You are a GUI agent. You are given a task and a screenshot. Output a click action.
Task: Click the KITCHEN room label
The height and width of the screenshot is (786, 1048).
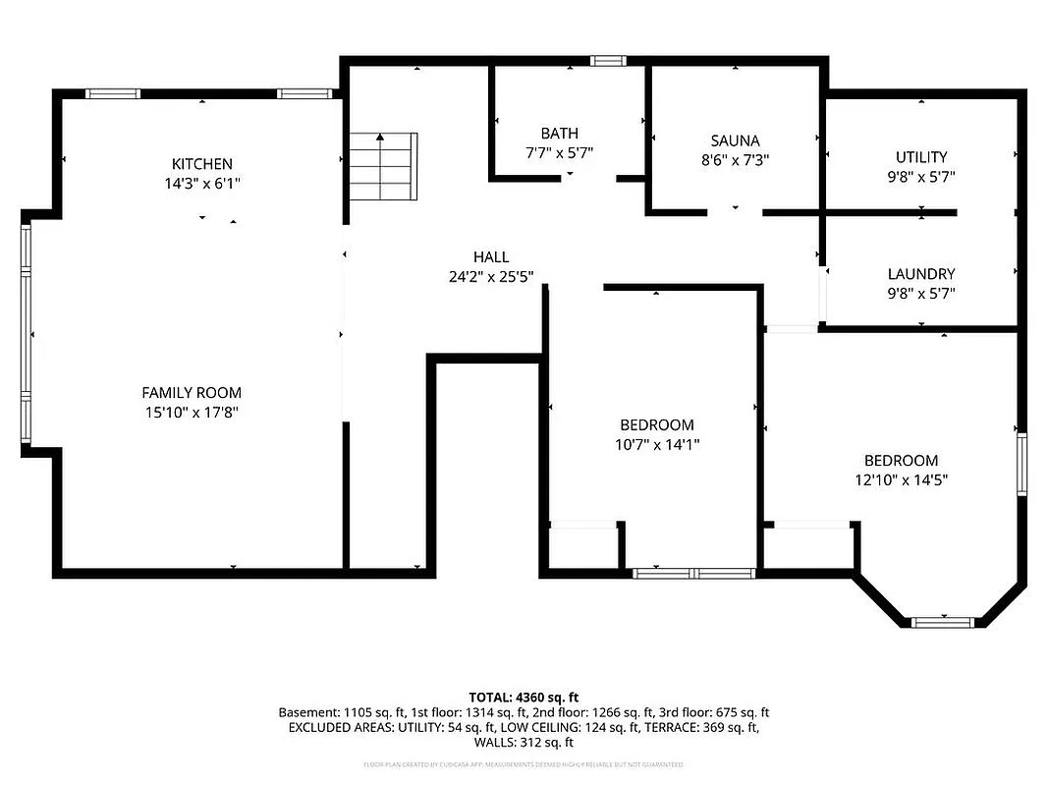click(202, 164)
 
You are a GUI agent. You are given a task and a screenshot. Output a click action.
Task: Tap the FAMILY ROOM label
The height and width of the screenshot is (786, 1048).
click(192, 393)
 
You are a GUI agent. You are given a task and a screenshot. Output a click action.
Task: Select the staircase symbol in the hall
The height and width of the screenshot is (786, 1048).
click(383, 166)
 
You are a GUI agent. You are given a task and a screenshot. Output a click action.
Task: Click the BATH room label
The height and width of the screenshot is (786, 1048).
click(559, 134)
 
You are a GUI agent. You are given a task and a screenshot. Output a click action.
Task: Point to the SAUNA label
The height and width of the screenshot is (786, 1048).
click(736, 140)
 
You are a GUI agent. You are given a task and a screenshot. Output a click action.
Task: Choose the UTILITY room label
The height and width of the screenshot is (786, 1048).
click(921, 157)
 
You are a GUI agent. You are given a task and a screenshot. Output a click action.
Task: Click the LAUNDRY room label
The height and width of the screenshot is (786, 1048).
click(921, 274)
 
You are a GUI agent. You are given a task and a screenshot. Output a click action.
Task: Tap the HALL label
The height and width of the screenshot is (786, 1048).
click(491, 257)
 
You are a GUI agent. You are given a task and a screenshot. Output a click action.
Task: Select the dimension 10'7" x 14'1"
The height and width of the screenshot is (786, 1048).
click(657, 444)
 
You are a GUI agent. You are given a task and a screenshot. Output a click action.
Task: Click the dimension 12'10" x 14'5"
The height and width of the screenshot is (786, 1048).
click(901, 479)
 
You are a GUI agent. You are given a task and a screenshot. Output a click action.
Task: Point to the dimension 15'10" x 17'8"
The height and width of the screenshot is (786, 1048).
click(192, 413)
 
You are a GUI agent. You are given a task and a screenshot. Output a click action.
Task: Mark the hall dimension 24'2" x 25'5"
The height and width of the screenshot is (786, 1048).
click(491, 277)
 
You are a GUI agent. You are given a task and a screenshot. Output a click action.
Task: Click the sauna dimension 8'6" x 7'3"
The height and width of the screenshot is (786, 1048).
click(736, 159)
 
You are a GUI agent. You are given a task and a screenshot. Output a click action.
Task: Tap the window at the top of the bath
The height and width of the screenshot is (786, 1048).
click(608, 61)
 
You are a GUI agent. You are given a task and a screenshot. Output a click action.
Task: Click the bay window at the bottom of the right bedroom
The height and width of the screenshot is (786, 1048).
click(942, 622)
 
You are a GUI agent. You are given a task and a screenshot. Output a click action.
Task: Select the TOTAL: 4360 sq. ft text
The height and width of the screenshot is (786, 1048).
click(524, 698)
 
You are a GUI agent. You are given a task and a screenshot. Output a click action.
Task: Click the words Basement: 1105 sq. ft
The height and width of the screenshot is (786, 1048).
click(334, 712)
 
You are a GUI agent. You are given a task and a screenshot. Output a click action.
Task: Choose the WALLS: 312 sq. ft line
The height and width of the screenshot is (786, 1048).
click(524, 743)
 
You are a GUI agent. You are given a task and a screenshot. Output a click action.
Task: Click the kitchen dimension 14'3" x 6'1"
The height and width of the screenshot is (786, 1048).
click(202, 183)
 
